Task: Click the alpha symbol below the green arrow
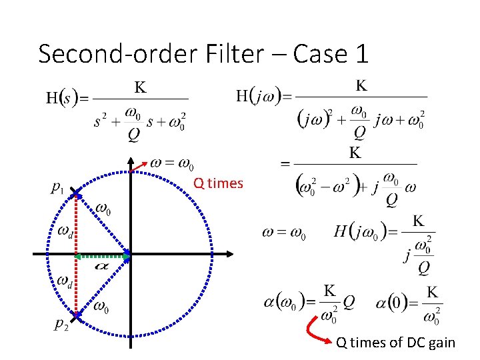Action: click(102, 266)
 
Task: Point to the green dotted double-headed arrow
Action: click(102, 256)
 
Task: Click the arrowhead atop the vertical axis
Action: click(131, 161)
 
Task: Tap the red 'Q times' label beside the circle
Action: click(218, 183)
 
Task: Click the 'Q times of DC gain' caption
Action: click(395, 343)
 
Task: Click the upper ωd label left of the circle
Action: click(65, 231)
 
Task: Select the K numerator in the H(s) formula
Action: click(141, 87)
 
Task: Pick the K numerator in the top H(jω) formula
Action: click(361, 85)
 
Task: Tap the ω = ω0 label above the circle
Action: click(171, 163)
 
